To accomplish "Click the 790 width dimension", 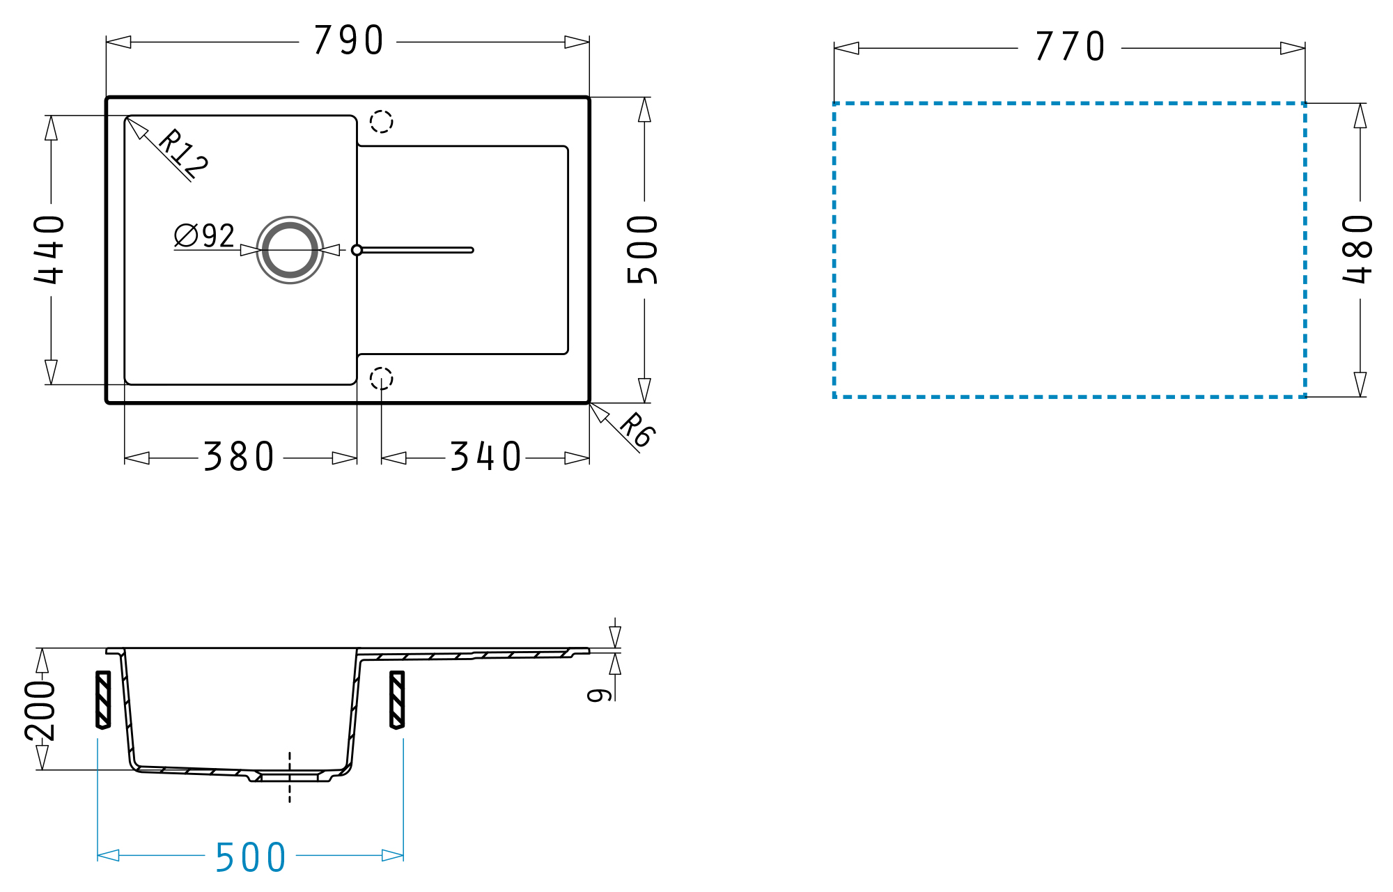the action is coord(348,40).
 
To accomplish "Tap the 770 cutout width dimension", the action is coord(1070,46).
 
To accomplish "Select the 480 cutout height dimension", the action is coord(1357,249).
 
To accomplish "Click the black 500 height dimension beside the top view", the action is coord(642,249).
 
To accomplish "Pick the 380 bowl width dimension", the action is coord(239,457).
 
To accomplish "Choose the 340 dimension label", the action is coord(485,457).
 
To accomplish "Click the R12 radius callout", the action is coord(183,153).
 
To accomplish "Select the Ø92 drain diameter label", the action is coord(204,235).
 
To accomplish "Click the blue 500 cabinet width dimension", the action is coord(251,857).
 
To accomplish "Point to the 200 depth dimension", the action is coord(40,710).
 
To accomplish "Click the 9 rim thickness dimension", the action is coord(599,695).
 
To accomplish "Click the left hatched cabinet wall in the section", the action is coord(103,700).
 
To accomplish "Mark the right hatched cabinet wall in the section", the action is coord(397,700).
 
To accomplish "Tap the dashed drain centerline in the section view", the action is coord(290,777).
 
